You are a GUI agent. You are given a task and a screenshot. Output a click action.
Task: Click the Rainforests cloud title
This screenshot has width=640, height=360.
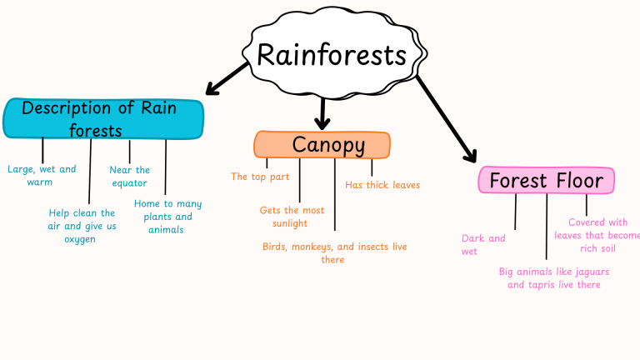332,55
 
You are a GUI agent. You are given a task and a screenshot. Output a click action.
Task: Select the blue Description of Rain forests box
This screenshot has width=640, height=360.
103,118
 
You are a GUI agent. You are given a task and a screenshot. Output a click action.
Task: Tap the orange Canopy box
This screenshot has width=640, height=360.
322,145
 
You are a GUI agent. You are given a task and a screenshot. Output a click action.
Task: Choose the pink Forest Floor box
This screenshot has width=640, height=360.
546,180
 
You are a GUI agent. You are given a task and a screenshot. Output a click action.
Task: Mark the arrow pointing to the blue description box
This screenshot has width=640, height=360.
226,77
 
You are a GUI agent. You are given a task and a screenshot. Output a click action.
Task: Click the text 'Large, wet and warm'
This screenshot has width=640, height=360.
41,175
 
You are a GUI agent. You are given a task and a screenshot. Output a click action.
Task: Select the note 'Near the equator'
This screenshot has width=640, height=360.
129,176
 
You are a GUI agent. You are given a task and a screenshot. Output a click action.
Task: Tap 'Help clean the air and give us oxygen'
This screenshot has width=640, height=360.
81,226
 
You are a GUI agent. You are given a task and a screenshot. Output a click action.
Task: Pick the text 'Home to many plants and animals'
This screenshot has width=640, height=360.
167,216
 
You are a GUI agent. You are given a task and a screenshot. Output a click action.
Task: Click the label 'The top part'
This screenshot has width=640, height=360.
260,177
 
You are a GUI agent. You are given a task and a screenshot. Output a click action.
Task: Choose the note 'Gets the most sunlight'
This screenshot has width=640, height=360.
291,217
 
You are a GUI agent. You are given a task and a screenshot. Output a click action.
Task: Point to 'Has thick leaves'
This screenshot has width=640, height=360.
382,185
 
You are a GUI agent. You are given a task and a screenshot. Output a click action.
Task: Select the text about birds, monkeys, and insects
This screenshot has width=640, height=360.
333,253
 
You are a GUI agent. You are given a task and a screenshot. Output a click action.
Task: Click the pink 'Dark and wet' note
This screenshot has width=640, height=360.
483,244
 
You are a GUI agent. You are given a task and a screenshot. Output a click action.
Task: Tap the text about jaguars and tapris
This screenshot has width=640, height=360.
553,278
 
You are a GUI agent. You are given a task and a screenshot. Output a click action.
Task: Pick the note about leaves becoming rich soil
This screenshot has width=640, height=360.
597,235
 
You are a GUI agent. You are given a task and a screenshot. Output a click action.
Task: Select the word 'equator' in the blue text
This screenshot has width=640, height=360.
129,182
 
